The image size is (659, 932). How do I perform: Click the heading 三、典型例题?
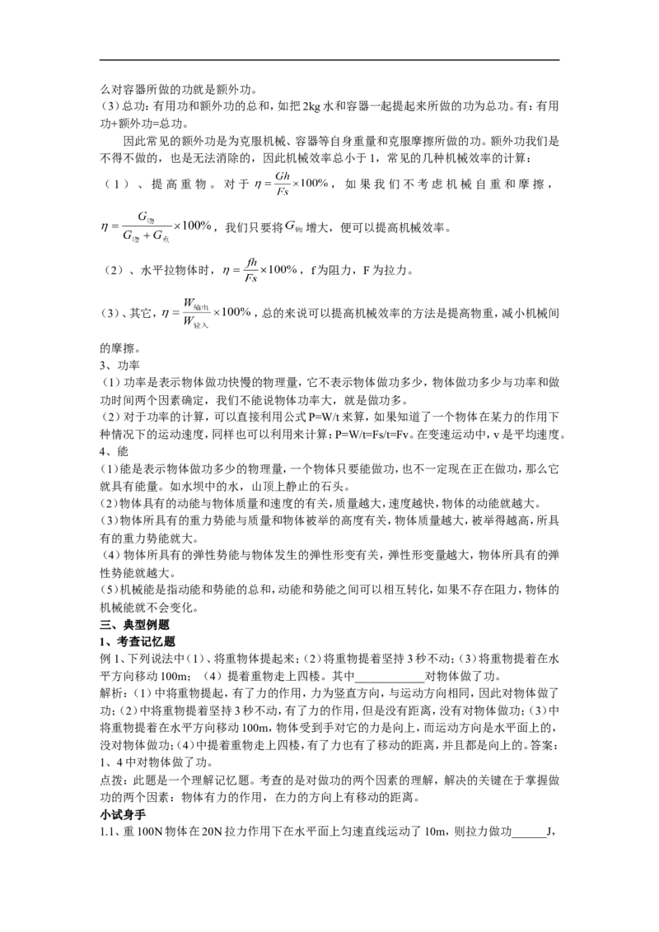134,625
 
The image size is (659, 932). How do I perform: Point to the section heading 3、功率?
119,365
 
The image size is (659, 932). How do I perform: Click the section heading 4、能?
114,451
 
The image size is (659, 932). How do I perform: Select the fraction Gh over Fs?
282,184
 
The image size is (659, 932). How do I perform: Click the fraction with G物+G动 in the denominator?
146,227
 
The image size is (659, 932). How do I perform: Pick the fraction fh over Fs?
250,270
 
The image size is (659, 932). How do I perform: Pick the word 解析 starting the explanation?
110,694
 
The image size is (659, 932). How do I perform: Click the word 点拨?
110,780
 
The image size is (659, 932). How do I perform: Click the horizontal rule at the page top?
329,59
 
